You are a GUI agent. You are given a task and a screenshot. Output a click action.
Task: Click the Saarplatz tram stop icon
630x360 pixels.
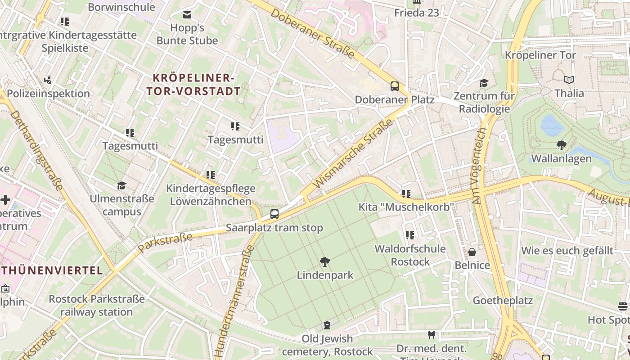point(274,214)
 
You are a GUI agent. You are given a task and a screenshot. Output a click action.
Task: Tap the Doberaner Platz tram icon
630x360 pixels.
point(395,86)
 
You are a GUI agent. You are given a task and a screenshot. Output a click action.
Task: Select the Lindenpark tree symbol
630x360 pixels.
point(324,261)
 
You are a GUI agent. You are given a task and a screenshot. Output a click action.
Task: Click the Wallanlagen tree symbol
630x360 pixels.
point(561,145)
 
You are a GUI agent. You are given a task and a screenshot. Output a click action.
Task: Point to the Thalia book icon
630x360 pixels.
point(569,80)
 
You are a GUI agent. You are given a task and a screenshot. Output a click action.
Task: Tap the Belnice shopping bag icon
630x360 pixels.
point(472,252)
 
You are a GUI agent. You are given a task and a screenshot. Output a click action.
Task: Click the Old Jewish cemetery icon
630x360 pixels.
point(327,325)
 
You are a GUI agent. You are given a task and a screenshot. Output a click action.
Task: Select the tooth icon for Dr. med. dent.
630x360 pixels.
point(431,335)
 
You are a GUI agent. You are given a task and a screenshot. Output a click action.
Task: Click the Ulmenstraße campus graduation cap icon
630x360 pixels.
point(121,185)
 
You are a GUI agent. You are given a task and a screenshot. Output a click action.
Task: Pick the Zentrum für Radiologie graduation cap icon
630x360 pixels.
point(484,83)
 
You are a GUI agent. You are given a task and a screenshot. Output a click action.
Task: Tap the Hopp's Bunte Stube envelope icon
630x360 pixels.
point(187,15)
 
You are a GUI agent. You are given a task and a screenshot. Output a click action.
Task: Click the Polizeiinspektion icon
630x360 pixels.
point(48,80)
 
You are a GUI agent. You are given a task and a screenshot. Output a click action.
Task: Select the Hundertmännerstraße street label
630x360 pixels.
point(233,301)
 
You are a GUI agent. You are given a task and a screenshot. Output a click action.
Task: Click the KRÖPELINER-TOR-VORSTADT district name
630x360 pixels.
point(193,84)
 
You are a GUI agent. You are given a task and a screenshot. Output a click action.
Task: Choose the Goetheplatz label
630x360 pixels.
point(503,300)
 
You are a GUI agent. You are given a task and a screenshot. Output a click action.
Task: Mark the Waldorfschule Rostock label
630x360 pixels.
point(410,255)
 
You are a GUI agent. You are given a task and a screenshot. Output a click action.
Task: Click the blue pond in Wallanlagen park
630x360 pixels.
point(552,125)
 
